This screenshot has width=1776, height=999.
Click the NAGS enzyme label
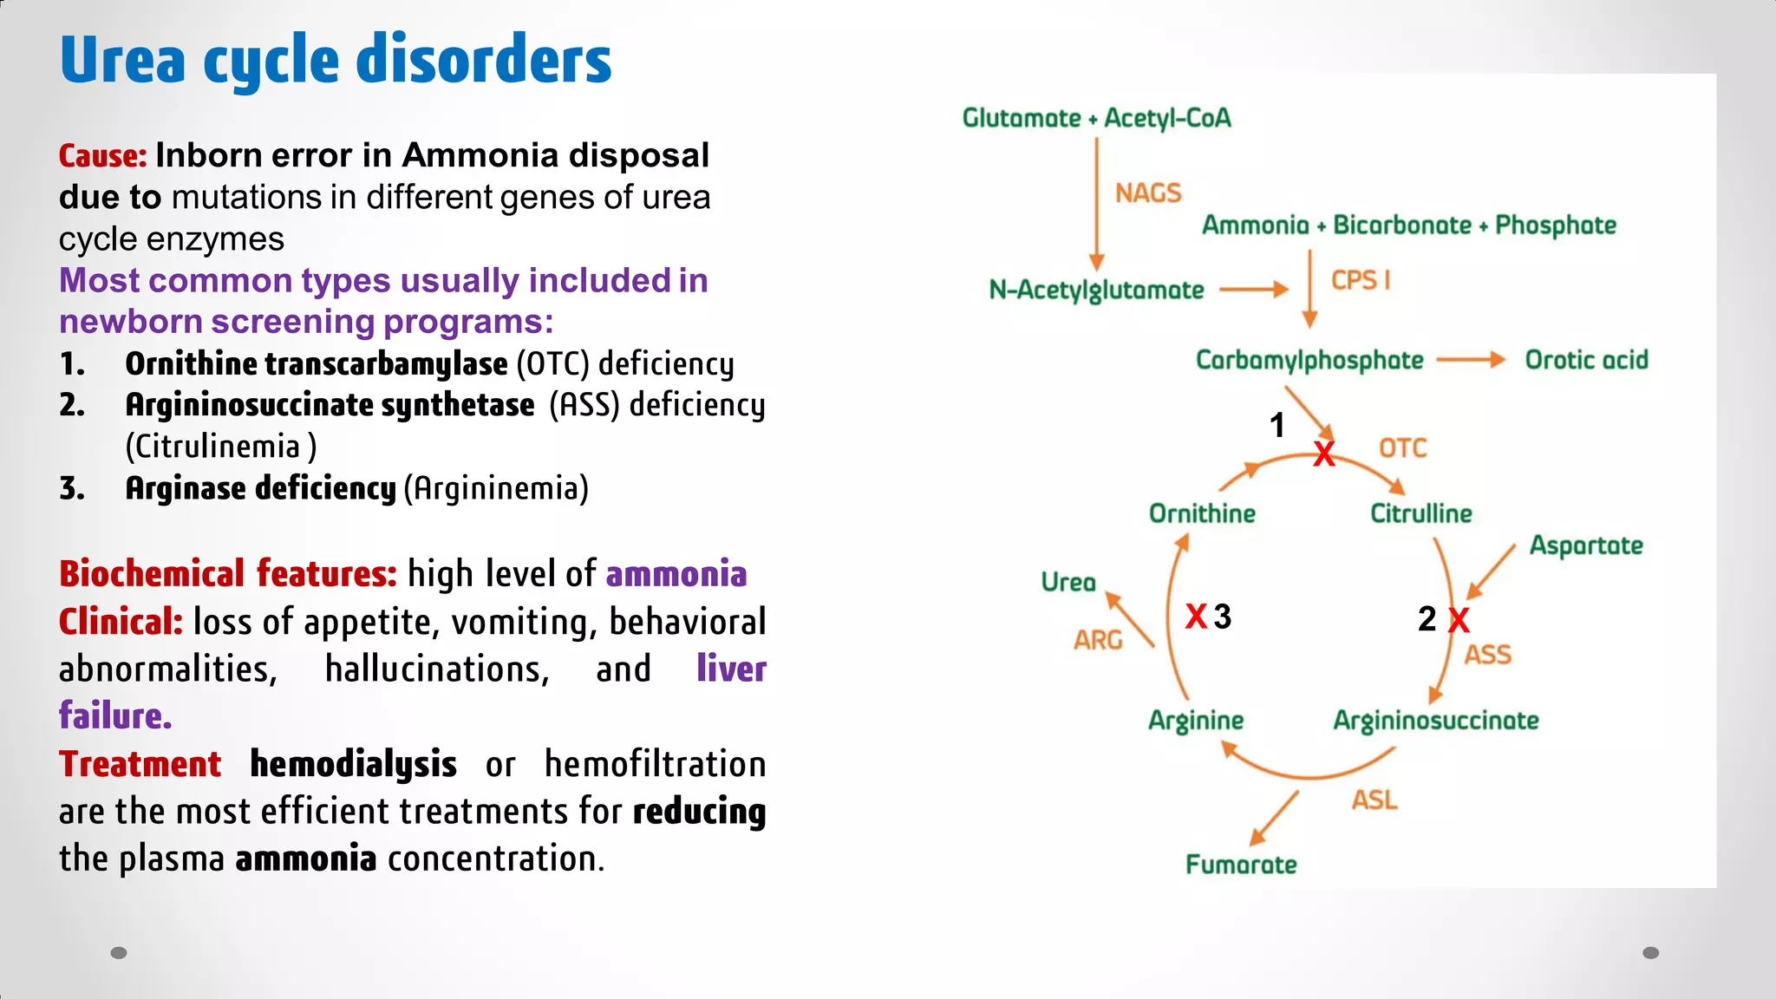tap(1148, 193)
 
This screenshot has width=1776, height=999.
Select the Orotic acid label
tap(1586, 360)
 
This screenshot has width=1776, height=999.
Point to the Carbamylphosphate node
tap(1309, 361)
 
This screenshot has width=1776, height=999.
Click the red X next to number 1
tap(1323, 454)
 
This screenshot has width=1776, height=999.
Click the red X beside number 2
tap(1459, 620)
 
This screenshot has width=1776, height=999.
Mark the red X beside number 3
tap(1196, 617)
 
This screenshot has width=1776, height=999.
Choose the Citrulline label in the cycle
tap(1420, 513)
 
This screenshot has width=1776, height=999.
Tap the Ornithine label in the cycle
tap(1202, 513)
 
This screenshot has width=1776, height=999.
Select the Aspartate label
tap(1585, 545)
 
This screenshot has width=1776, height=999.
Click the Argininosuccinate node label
tap(1435, 721)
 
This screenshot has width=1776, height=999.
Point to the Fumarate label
tap(1241, 865)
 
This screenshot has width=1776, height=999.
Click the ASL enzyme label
tap(1374, 800)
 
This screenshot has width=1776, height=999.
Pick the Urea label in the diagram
tap(1068, 582)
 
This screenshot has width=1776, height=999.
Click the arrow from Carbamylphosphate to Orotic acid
tap(1471, 360)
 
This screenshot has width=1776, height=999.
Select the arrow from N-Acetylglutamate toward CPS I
tap(1254, 290)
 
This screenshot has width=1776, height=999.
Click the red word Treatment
tap(140, 764)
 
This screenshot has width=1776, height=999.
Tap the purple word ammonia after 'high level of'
tap(676, 574)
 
